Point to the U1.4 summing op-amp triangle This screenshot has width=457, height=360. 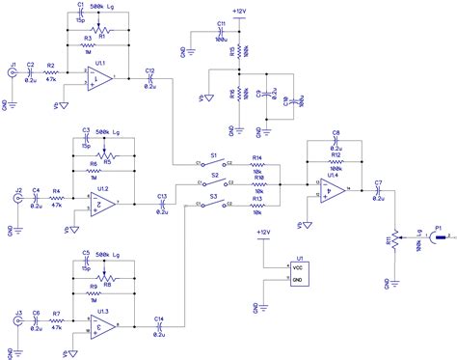pos(331,190)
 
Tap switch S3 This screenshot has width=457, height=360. pos(215,203)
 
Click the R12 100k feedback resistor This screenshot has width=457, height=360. pos(336,160)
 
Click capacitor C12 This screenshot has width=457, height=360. pos(149,79)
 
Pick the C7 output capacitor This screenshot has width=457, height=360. pos(378,190)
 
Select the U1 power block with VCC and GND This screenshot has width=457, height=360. pos(300,272)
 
